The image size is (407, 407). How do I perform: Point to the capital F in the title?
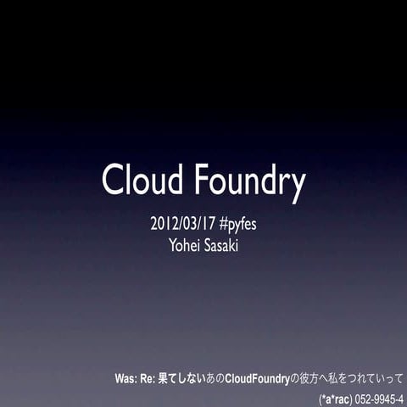click(202, 180)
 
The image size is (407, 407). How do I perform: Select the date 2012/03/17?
click(182, 226)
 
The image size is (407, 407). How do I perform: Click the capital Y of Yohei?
click(175, 246)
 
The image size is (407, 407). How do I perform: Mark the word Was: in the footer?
click(127, 378)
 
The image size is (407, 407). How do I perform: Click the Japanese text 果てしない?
click(182, 378)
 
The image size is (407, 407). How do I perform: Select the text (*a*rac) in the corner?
click(336, 398)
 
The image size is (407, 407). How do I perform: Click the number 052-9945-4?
click(380, 398)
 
